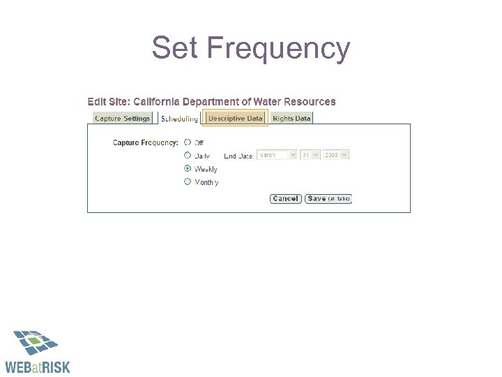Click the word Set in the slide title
pos(176,48)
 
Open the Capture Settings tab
pos(122,118)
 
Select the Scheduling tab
pos(179,119)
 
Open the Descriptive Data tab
pos(235,118)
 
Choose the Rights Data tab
pos(291,118)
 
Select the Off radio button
pos(187,142)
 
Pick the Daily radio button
pos(187,155)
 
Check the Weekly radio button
pos(187,168)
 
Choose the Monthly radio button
pos(187,182)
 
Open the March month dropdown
pos(277,155)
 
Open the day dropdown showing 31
pos(310,155)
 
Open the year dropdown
pos(335,155)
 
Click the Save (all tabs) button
pos(328,199)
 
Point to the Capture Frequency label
pos(145,142)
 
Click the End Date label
pos(238,156)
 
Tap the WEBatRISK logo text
pos(38,367)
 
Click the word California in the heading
pos(160,102)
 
